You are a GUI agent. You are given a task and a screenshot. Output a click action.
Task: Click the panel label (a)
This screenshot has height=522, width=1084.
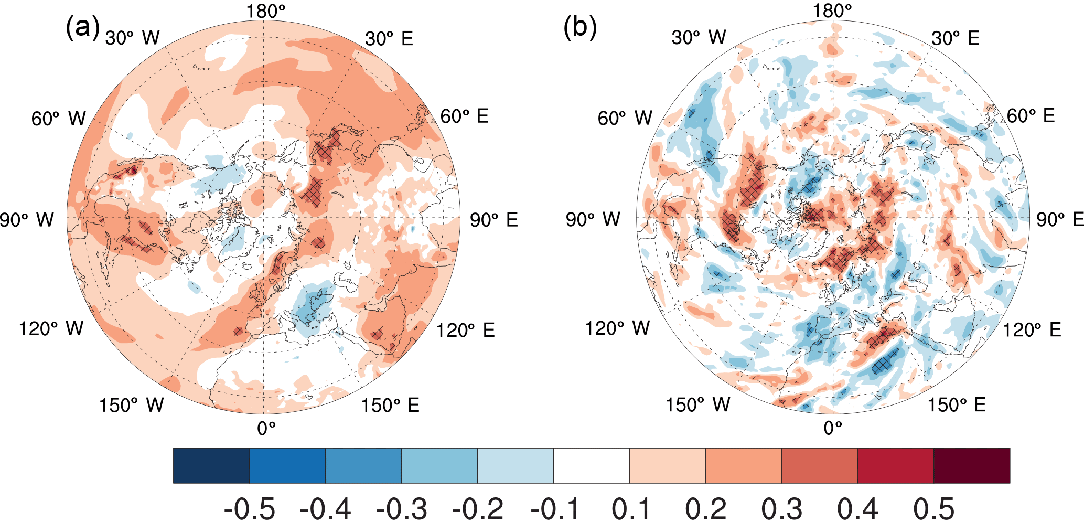point(82,28)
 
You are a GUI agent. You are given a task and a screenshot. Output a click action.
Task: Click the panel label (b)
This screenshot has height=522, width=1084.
point(579,28)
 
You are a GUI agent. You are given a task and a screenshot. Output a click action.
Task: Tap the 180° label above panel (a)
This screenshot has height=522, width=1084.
point(266,11)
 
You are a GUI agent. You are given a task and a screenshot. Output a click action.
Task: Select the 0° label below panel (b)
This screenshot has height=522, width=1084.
point(833,428)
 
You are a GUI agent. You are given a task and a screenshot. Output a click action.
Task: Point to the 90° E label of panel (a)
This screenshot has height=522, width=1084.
point(493,220)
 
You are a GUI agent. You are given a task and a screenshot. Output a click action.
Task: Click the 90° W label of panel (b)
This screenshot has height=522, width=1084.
point(593,219)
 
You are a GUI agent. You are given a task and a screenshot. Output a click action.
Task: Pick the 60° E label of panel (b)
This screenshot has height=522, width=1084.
point(1031,116)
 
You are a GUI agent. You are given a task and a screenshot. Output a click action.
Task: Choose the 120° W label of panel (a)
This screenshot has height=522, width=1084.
point(51,329)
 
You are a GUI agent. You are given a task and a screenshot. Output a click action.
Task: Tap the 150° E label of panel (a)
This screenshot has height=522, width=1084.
point(390,405)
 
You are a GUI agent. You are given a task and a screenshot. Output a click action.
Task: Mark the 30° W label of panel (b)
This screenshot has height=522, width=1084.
point(699,38)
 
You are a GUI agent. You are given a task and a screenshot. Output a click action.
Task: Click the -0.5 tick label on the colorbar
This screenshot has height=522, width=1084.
point(249,508)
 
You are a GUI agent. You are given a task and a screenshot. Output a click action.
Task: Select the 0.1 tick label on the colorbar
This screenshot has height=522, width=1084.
point(630,508)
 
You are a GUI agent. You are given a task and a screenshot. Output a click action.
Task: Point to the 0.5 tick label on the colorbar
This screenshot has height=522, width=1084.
point(934,508)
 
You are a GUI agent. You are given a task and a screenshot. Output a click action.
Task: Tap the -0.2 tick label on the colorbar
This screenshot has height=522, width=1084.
point(477,508)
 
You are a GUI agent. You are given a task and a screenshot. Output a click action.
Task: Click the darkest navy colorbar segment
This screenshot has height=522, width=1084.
point(211,465)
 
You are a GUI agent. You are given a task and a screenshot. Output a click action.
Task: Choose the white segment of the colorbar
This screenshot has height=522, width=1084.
point(592,465)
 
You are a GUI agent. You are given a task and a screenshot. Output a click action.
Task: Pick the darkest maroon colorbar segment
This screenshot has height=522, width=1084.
point(972,465)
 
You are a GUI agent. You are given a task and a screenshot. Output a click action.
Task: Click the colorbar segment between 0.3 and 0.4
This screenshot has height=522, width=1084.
point(820,465)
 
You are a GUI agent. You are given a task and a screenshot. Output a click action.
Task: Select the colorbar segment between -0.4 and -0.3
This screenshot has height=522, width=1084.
point(363,465)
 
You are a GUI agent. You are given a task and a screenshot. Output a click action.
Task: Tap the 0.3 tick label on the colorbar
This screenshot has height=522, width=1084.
point(782,508)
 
